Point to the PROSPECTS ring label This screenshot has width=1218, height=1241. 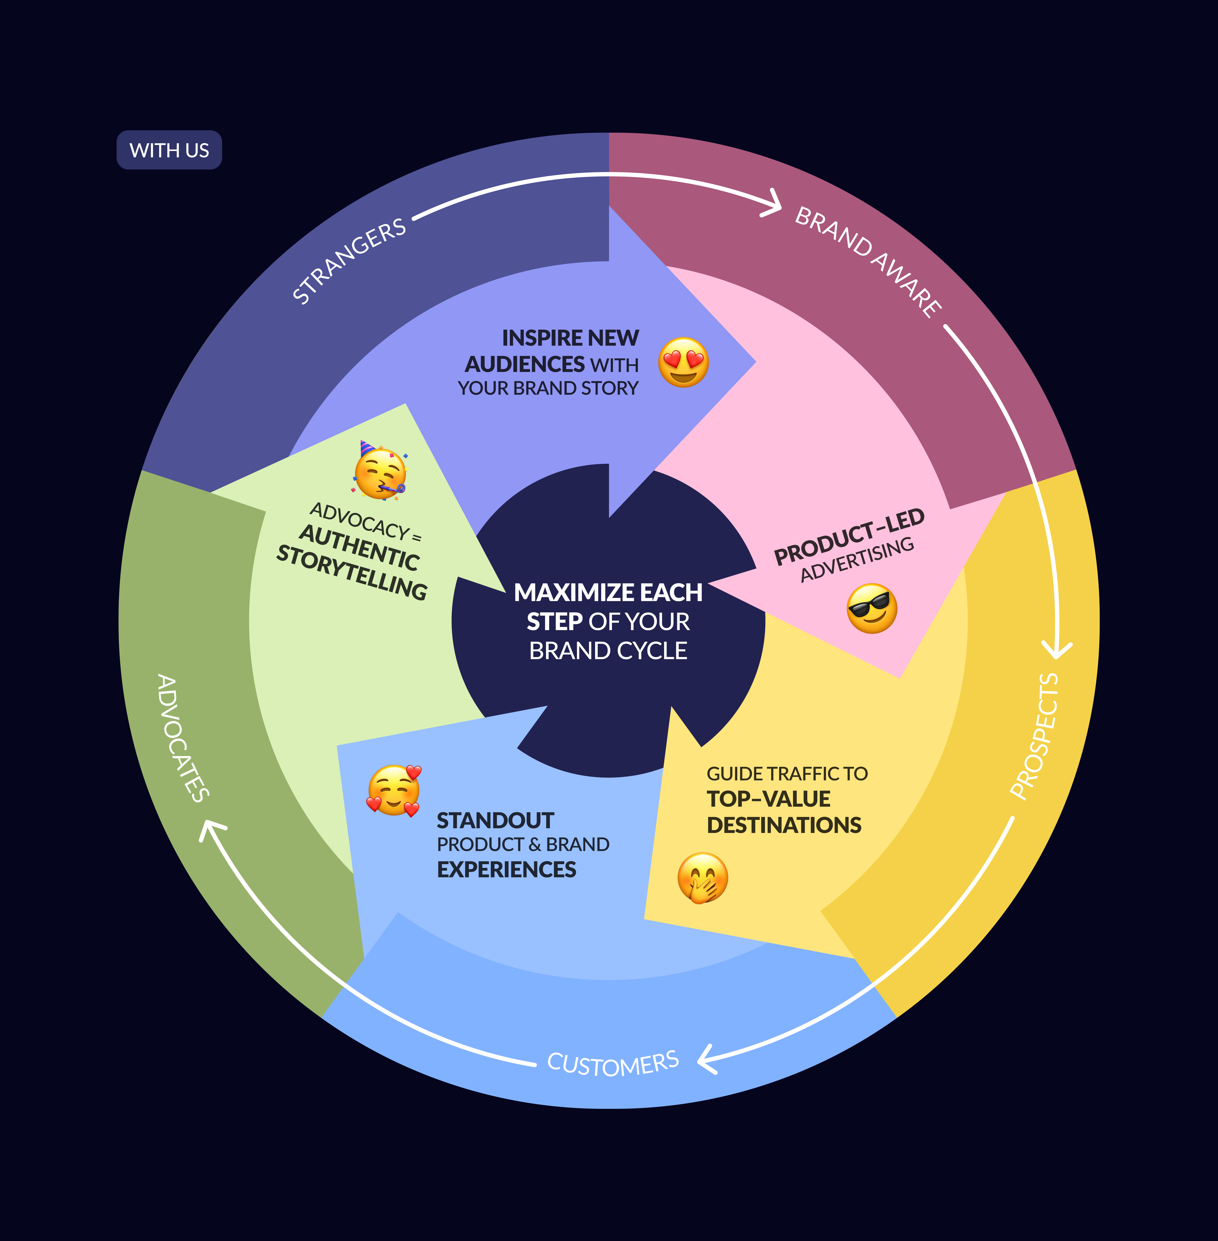pos(1034,736)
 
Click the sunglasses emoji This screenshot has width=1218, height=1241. pos(871,608)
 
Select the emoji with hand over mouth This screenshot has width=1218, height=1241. pos(702,878)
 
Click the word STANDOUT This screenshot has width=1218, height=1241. pos(495,821)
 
